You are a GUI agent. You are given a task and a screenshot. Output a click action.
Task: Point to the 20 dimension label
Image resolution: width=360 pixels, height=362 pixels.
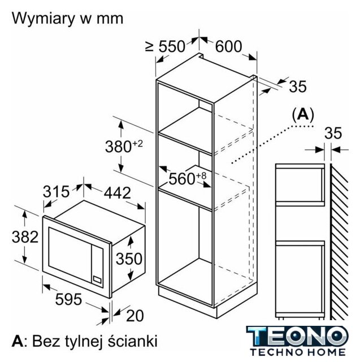coord(135,315)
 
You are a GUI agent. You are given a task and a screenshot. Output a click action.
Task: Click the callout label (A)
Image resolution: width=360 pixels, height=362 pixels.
coord(302,114)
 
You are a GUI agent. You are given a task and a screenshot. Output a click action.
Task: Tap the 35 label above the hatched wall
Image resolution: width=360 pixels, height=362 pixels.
coord(333,133)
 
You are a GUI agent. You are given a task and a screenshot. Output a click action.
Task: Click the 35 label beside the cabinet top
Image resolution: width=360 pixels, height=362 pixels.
coord(297,87)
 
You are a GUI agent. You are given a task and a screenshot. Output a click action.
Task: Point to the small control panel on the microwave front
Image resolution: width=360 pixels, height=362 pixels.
coord(97,279)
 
